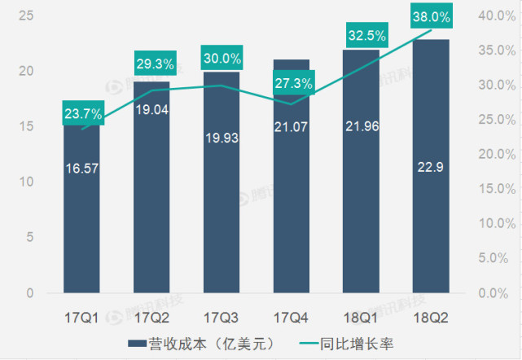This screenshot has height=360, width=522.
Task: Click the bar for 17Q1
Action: click(x=81, y=212)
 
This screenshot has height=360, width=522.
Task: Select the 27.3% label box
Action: click(x=292, y=83)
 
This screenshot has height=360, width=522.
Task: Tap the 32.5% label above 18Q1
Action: click(x=361, y=36)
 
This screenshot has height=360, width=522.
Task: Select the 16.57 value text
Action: click(x=81, y=169)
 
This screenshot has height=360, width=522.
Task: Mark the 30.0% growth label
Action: click(x=222, y=59)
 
